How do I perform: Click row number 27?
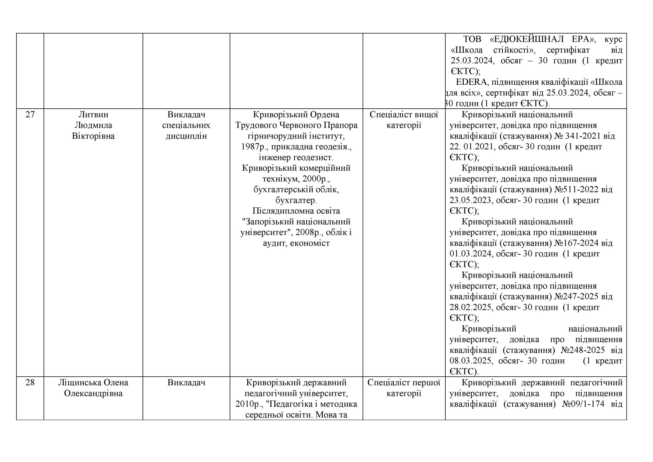[x=30, y=115]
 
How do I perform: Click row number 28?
[x=30, y=383]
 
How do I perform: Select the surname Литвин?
[x=93, y=115]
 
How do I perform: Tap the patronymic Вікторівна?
[x=93, y=136]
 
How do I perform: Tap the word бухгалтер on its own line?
[x=296, y=200]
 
